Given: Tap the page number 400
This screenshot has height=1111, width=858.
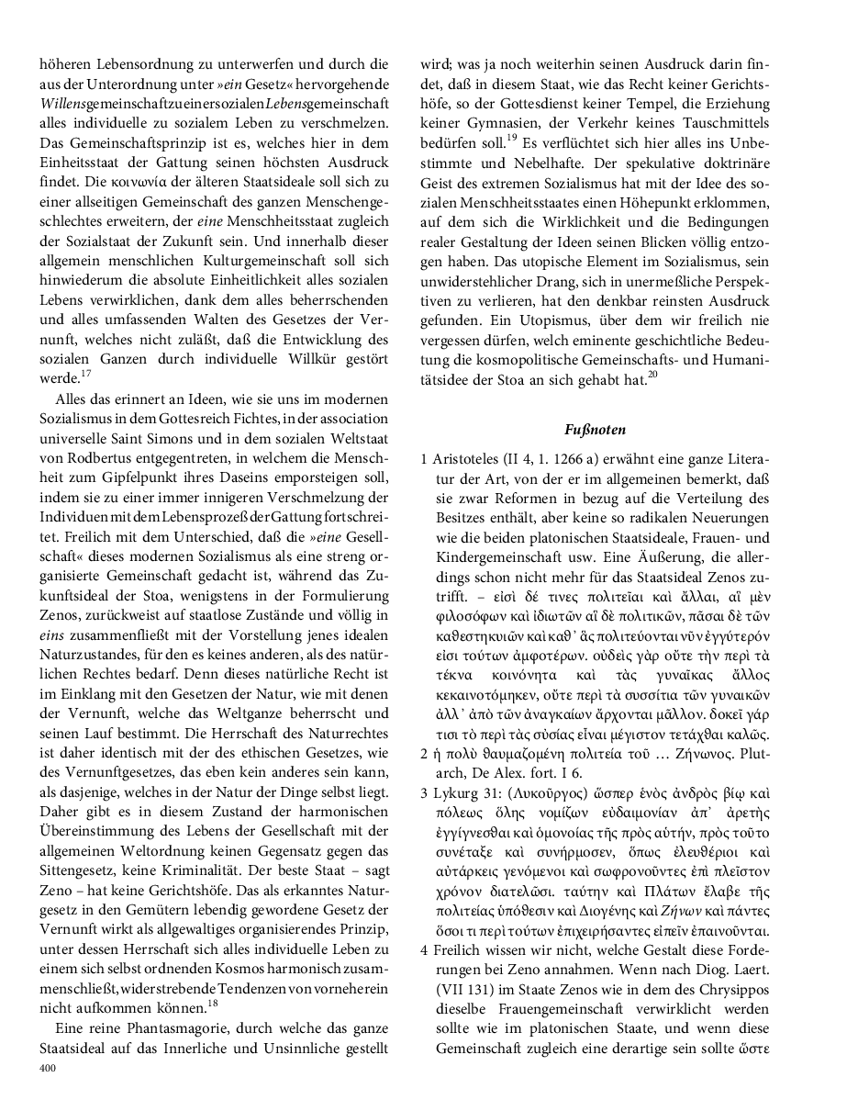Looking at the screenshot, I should click(48, 1069).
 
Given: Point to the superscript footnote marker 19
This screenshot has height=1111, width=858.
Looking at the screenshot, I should click(513, 140).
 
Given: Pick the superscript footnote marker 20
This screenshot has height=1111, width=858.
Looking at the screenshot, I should click(652, 375).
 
